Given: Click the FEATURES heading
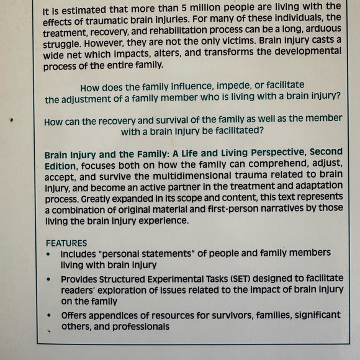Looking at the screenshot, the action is pyautogui.click(x=66, y=243).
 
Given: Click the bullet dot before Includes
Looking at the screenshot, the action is pyautogui.click(x=49, y=254).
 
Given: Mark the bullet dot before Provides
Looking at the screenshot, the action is pyautogui.click(x=49, y=280).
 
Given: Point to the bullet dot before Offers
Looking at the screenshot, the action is pyautogui.click(x=49, y=316).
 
